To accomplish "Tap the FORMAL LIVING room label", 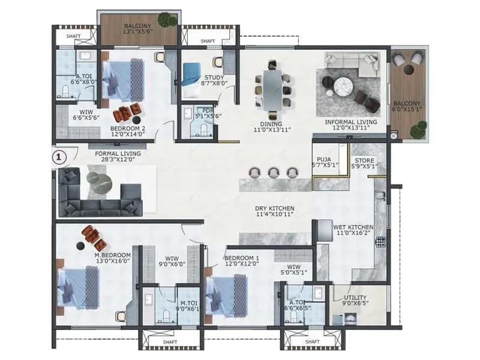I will coord(118,154).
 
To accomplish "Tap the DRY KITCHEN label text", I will coord(274,208).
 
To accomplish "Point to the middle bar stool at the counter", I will coord(274,172).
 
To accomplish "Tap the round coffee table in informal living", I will coord(346,85).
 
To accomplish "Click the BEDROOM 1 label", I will coord(242,258).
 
